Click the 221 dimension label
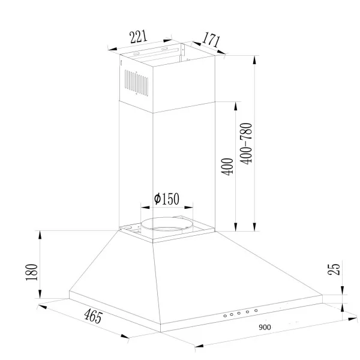pos(138,37)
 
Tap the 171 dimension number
pos(211,40)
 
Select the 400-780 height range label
pos(246,144)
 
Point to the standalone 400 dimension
pos(227,167)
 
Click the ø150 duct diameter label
pos(166,199)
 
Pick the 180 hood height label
pos(31,272)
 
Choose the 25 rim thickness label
pos(334,269)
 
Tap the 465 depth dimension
pos(93,316)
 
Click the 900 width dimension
pos(265,327)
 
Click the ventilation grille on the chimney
pos(136,83)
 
